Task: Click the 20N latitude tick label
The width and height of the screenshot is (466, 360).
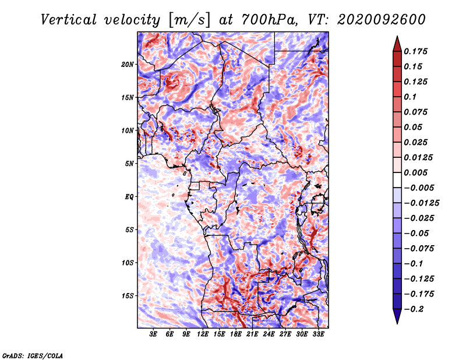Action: click(128, 65)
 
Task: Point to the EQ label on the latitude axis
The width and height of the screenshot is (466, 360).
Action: click(129, 197)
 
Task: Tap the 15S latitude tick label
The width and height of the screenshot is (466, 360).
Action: click(128, 296)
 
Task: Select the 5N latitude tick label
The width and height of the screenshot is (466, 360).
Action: click(129, 164)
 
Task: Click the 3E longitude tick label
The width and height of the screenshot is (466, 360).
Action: click(153, 334)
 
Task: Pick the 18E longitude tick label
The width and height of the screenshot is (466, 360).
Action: click(236, 334)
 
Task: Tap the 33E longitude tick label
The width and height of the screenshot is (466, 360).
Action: click(318, 334)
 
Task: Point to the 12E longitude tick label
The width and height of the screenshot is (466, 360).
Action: click(203, 334)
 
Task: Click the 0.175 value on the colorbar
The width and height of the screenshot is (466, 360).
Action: click(415, 51)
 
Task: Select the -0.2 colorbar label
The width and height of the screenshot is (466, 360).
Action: click(414, 309)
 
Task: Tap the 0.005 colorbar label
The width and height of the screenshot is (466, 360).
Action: click(415, 172)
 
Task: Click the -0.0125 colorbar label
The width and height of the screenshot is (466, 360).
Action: click(421, 203)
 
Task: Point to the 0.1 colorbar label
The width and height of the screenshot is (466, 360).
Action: click(410, 97)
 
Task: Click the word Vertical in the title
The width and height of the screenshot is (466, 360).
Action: click(69, 20)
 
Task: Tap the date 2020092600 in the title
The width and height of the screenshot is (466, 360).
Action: click(382, 20)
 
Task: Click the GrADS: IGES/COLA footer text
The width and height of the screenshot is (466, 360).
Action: click(33, 355)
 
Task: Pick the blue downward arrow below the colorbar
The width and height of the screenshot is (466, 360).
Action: click(397, 316)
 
